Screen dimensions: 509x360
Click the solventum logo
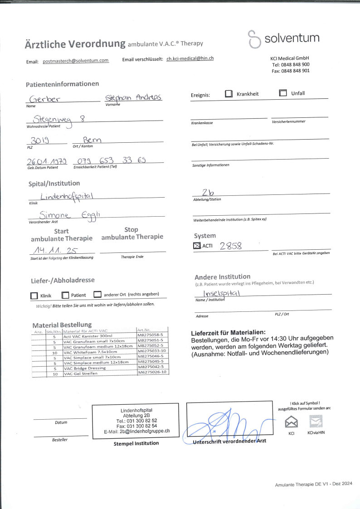(x=283, y=39)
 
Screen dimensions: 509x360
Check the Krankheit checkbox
(x=229, y=94)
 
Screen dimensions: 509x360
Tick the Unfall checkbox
(x=283, y=93)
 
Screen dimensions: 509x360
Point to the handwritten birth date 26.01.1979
(x=46, y=161)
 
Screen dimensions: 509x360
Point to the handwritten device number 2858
(x=231, y=246)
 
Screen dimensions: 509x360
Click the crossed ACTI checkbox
(x=197, y=246)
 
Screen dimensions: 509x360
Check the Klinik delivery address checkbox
(x=34, y=296)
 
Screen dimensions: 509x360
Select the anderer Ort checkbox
(x=97, y=295)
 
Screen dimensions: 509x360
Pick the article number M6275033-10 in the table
(x=152, y=351)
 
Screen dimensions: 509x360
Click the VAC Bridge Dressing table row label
(x=85, y=368)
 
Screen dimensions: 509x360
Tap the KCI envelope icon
(x=291, y=422)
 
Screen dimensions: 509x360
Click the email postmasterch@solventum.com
(x=76, y=60)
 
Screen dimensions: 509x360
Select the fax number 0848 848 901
(x=295, y=71)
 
